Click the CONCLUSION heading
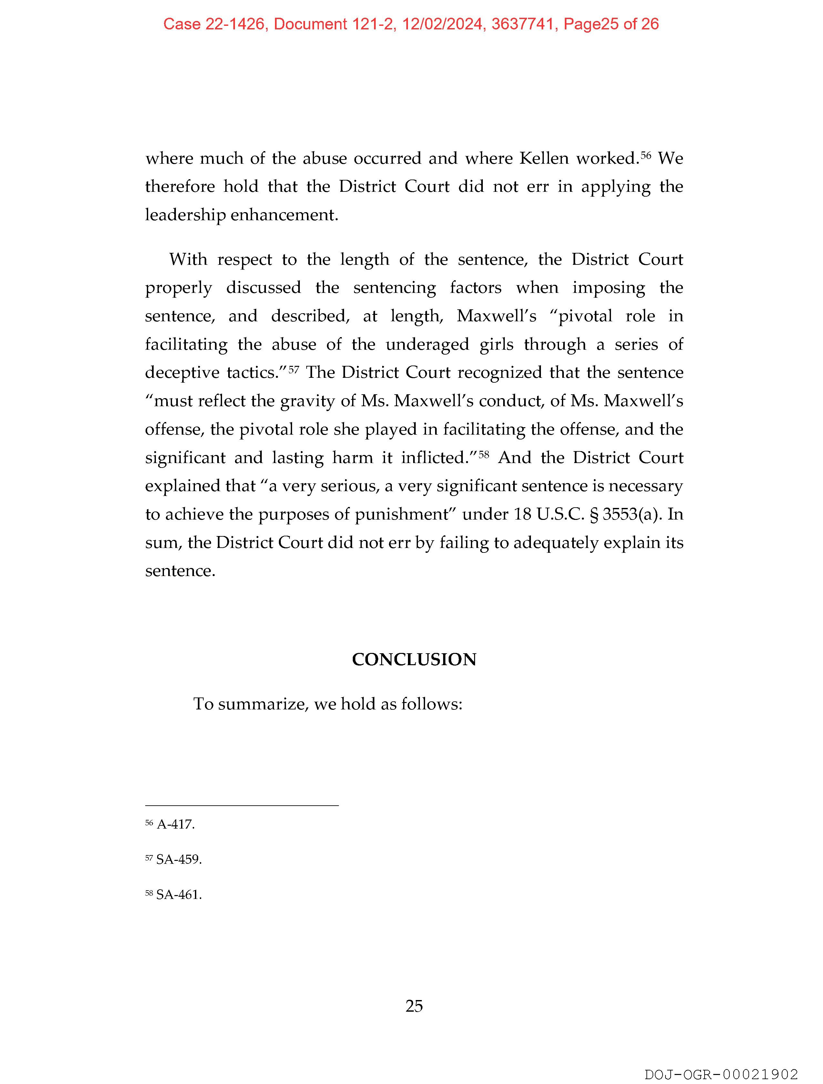pyautogui.click(x=414, y=660)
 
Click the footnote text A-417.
pyautogui.click(x=175, y=824)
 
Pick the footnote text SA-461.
pyautogui.click(x=179, y=894)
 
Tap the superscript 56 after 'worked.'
pyautogui.click(x=646, y=155)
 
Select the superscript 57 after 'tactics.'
pyautogui.click(x=293, y=369)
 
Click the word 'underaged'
pyautogui.click(x=427, y=345)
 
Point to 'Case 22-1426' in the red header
pyautogui.click(x=214, y=24)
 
